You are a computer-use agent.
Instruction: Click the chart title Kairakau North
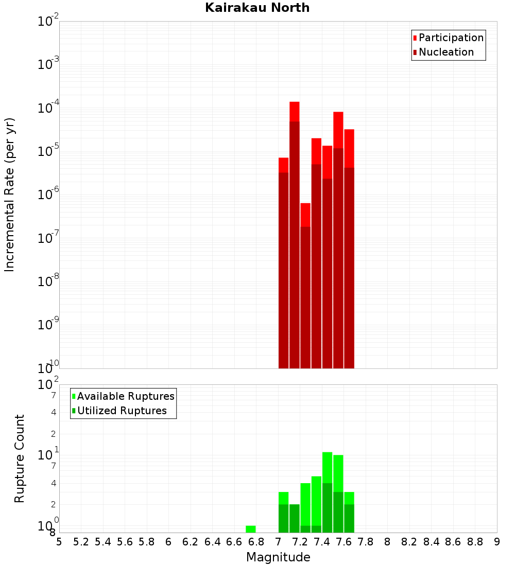[x=257, y=8]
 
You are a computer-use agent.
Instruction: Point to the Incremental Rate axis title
[x=9, y=194]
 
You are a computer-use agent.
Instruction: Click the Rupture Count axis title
[x=20, y=458]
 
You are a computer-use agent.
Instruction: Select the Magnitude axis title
[x=278, y=557]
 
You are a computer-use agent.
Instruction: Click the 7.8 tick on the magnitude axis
[x=366, y=542]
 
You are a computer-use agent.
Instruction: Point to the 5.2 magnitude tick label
[x=81, y=542]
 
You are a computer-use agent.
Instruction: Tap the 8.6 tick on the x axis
[x=453, y=542]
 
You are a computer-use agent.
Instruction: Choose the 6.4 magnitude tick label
[x=212, y=542]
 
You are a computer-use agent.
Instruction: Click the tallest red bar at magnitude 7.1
[x=295, y=232]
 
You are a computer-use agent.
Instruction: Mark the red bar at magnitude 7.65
[x=349, y=247]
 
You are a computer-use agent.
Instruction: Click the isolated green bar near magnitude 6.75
[x=251, y=529]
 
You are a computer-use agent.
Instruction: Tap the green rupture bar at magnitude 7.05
[x=283, y=512]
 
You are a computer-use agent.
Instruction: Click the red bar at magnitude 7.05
[x=283, y=262]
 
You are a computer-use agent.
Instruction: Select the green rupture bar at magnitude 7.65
[x=349, y=512]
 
